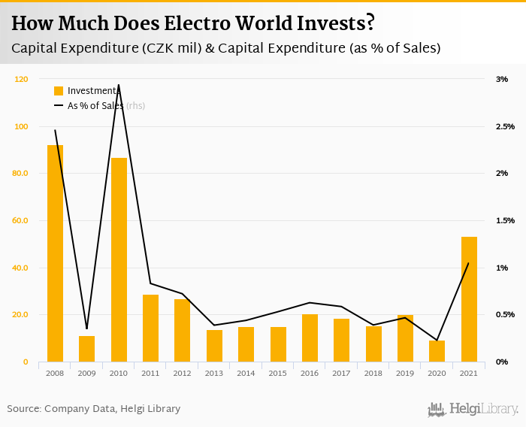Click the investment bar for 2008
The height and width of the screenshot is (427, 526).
[55, 253]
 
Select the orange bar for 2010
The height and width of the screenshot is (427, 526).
[119, 259]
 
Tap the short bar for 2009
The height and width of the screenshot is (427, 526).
[87, 349]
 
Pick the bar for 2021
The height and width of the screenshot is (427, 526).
[469, 299]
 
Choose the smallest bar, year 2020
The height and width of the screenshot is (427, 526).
[437, 351]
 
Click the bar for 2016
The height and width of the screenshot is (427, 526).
[310, 338]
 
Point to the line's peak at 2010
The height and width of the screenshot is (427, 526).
[119, 85]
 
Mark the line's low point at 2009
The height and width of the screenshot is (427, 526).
[87, 329]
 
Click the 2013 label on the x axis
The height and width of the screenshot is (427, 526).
[214, 373]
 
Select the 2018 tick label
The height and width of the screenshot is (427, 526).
[373, 373]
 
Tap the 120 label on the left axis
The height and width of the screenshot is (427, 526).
[21, 79]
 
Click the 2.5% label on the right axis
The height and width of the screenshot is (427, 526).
[505, 126]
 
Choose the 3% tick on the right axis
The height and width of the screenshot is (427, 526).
[502, 79]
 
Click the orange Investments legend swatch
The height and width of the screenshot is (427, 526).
[59, 91]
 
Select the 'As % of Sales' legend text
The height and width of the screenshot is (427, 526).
[95, 106]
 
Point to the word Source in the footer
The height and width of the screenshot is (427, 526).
[23, 408]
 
